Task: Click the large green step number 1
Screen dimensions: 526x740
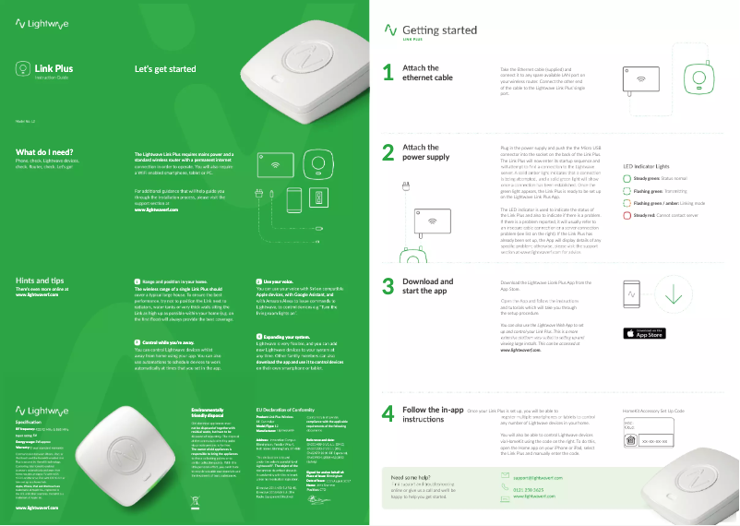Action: pos(388,73)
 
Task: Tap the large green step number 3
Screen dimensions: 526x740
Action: pos(388,287)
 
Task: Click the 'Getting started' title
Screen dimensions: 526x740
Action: pos(439,30)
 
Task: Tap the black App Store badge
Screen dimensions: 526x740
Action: pos(645,333)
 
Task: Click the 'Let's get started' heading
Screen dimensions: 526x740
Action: pos(165,69)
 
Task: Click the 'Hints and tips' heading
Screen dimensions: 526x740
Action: pos(41,280)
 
